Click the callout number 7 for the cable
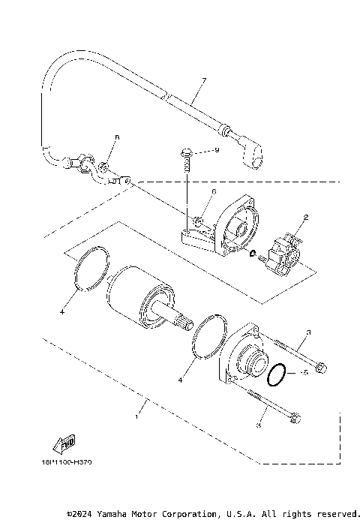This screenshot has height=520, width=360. pyautogui.click(x=202, y=80)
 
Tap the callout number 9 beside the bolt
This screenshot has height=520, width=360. pyautogui.click(x=216, y=150)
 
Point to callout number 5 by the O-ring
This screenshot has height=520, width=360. pyautogui.click(x=304, y=373)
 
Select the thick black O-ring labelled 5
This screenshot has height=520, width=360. pyautogui.click(x=277, y=374)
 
